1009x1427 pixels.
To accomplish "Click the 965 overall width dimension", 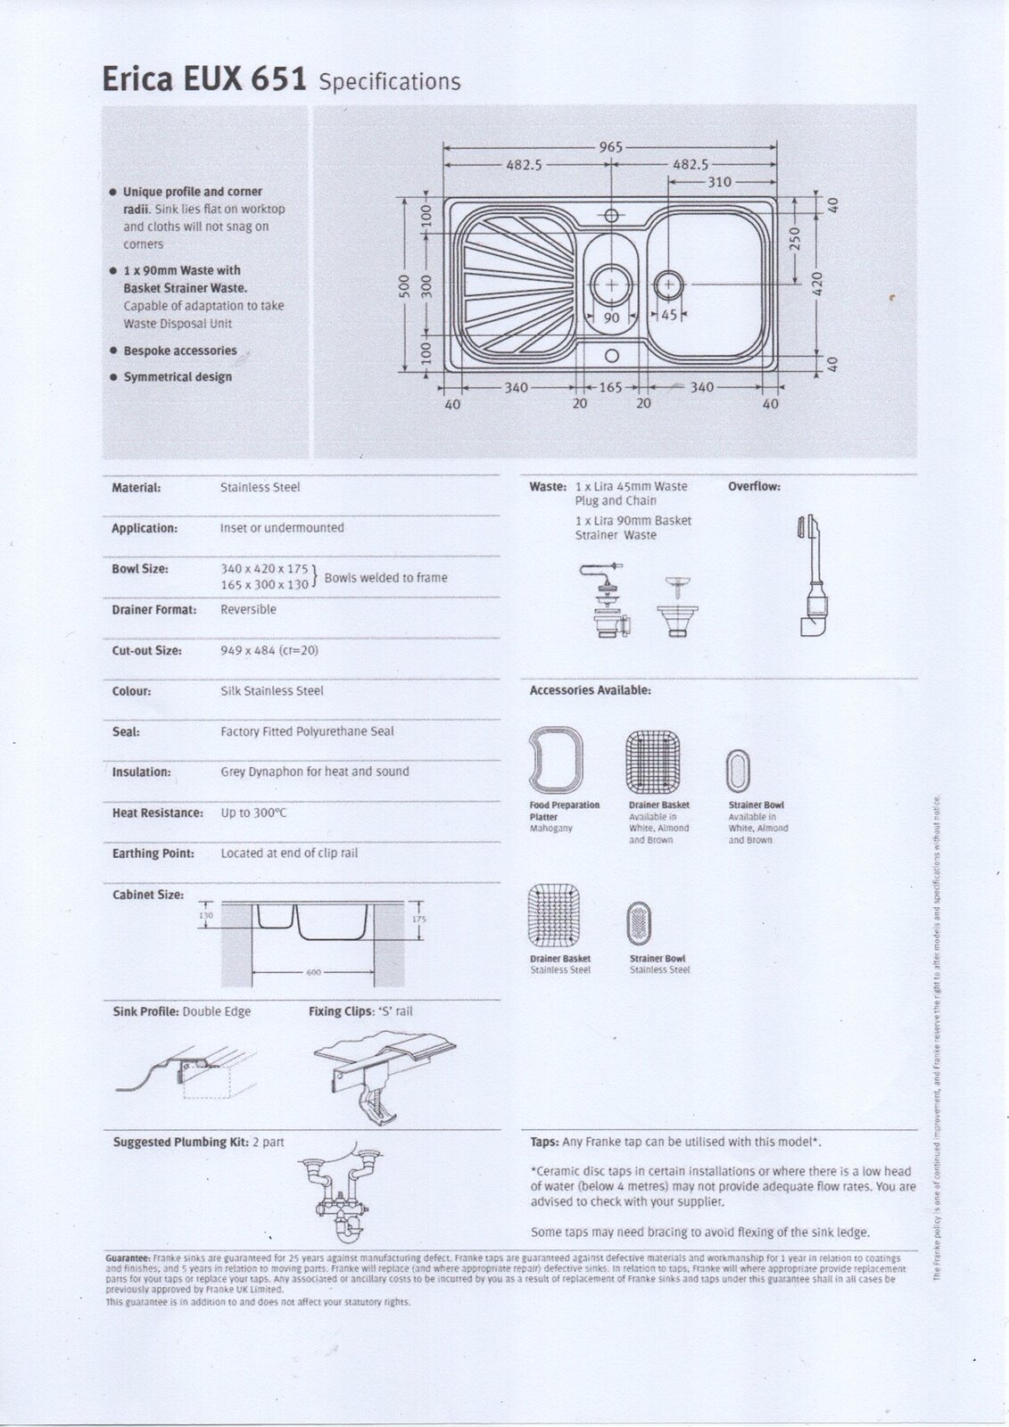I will (x=610, y=148).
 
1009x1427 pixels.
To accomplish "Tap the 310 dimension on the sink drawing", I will (x=719, y=182).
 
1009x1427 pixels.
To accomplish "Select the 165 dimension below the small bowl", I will (x=609, y=388).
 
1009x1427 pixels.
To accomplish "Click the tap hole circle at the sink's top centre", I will (x=611, y=215).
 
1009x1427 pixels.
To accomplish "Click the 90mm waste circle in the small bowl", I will (x=611, y=283).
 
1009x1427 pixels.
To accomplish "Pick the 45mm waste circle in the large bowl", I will (x=668, y=284).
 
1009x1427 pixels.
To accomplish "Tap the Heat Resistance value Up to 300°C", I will (x=253, y=813).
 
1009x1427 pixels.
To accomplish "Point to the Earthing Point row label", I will (x=153, y=854).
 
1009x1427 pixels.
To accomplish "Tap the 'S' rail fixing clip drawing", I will (x=384, y=1075).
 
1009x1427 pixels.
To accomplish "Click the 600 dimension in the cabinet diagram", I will (x=312, y=971).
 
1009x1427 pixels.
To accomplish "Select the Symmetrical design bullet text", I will (x=178, y=377).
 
